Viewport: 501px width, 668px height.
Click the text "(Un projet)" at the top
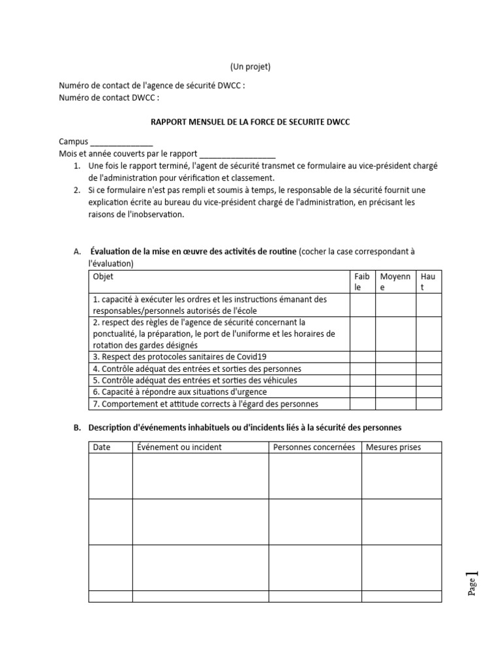[x=250, y=67]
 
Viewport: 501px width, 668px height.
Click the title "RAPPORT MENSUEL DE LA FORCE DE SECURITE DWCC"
[x=250, y=122]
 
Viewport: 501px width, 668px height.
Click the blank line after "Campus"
[x=121, y=142]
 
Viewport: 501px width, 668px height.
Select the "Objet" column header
[x=103, y=277]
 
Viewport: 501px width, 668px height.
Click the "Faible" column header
[x=362, y=282]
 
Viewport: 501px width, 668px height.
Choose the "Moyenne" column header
[x=395, y=282]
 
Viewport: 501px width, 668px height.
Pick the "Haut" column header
[x=429, y=282]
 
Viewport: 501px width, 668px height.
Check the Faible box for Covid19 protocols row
[x=362, y=357]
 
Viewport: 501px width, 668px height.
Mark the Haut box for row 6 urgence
[x=429, y=392]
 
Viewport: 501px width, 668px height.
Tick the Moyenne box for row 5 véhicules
[x=395, y=380]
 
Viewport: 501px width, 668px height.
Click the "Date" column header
[x=102, y=448]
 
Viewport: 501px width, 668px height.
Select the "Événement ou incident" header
[x=179, y=448]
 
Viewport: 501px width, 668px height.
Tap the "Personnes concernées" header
[x=314, y=448]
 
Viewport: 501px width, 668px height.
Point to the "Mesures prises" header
[x=393, y=448]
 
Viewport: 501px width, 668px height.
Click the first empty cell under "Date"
[x=110, y=476]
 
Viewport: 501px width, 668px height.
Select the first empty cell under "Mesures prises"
[x=401, y=476]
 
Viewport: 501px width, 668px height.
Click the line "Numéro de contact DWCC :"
[x=109, y=98]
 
